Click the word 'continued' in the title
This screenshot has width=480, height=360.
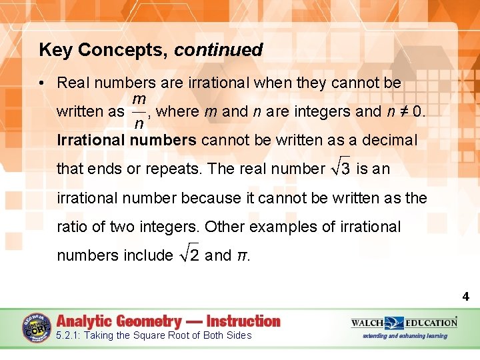click(219, 50)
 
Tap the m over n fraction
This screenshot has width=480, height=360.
click(140, 111)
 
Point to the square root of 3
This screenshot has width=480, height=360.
click(341, 168)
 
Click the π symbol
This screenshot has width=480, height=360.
click(242, 255)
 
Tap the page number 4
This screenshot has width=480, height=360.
click(465, 297)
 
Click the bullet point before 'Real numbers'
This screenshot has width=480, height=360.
click(42, 83)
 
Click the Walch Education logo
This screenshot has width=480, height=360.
click(405, 323)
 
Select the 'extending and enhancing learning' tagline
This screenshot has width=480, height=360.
click(404, 336)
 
